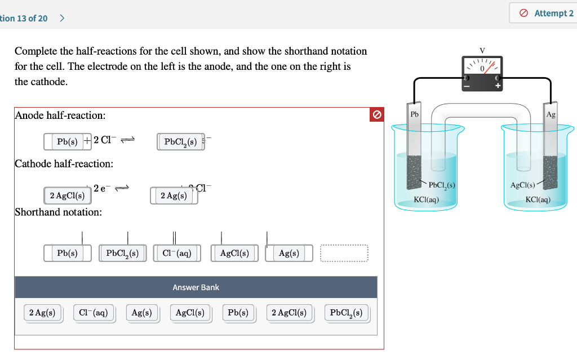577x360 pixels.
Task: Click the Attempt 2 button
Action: pyautogui.click(x=545, y=13)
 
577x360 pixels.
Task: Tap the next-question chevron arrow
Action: pyautogui.click(x=62, y=18)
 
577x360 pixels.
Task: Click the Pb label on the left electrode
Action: pyautogui.click(x=415, y=114)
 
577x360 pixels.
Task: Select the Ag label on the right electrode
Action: pyautogui.click(x=551, y=114)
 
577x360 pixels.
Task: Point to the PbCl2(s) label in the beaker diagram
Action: pyautogui.click(x=442, y=185)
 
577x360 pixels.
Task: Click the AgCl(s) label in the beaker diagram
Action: pyautogui.click(x=522, y=185)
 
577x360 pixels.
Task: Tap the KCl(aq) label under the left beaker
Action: pyautogui.click(x=426, y=199)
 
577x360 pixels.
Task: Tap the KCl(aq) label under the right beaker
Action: pyautogui.click(x=538, y=199)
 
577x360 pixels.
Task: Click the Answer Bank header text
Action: pyautogui.click(x=196, y=287)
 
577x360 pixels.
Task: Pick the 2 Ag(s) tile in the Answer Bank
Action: pyautogui.click(x=42, y=313)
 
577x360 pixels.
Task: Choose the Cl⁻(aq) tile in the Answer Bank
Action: pyautogui.click(x=94, y=313)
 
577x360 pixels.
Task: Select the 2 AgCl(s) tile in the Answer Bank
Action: pyautogui.click(x=288, y=313)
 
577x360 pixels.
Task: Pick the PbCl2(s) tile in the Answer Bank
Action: pyautogui.click(x=346, y=313)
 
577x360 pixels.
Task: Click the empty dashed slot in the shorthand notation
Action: pyautogui.click(x=344, y=254)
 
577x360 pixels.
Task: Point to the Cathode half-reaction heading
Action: pyautogui.click(x=64, y=164)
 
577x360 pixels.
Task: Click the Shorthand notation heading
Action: pyautogui.click(x=58, y=212)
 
